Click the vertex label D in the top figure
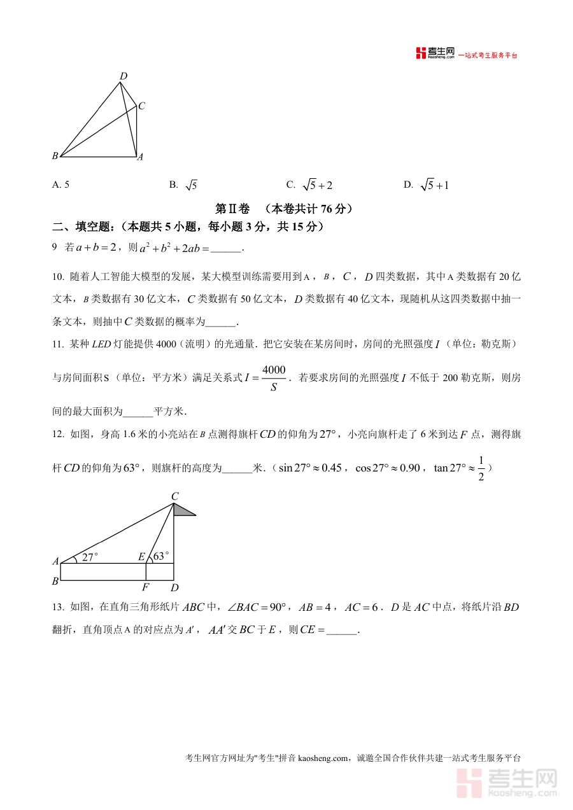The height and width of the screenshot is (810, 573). pos(124,76)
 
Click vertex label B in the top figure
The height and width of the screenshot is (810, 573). pos(55,156)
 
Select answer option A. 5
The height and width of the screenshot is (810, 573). pos(61,185)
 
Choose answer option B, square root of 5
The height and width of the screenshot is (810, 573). pos(184,185)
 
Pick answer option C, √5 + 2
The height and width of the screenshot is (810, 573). pos(310,185)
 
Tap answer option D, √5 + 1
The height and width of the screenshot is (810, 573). pos(427,185)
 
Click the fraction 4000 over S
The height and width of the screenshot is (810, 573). pos(274,378)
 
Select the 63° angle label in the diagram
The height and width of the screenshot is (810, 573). pos(161,555)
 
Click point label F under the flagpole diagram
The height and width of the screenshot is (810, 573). pos(146,587)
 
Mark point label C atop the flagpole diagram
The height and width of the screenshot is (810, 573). pos(174,496)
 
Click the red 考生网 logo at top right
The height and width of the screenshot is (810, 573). pos(435,54)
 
